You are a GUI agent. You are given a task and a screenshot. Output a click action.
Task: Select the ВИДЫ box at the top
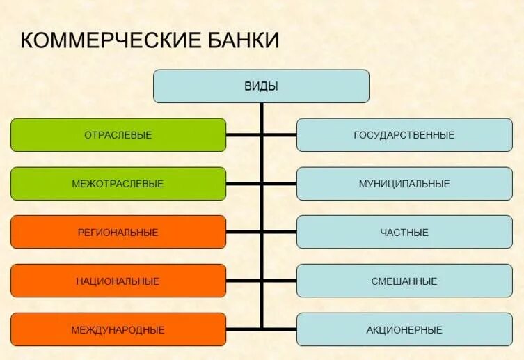(261, 86)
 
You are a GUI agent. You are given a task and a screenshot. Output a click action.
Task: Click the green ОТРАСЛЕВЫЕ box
(118, 135)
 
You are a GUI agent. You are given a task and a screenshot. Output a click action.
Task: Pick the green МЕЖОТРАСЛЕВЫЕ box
(118, 184)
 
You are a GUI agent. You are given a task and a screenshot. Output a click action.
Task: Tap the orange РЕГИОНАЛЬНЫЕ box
(118, 233)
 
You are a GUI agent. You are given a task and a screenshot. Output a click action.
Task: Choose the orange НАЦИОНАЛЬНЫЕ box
(118, 281)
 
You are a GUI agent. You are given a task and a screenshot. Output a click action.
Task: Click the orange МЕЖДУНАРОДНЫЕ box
(118, 330)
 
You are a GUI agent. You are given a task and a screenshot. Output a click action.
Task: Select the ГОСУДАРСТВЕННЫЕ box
(404, 135)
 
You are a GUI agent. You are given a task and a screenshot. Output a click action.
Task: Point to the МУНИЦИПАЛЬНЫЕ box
(404, 184)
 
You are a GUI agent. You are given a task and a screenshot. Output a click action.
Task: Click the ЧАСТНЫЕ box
(404, 233)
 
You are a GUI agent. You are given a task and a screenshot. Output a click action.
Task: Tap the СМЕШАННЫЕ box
(404, 281)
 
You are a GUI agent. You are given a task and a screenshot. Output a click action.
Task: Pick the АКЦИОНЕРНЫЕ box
(404, 330)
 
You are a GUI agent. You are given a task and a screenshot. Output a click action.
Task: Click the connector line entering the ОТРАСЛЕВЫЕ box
(244, 135)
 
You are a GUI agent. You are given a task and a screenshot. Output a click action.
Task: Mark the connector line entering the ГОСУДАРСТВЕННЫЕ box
(279, 135)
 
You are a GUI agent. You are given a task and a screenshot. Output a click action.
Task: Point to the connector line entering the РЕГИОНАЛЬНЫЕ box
(244, 233)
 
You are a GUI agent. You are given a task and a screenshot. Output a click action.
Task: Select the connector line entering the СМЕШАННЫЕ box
(279, 281)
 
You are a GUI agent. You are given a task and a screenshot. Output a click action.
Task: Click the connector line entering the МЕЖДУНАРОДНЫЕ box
(244, 329)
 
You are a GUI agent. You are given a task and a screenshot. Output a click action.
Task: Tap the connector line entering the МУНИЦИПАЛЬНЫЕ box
(279, 184)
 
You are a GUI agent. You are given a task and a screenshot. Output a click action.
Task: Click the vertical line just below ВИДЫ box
(262, 111)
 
